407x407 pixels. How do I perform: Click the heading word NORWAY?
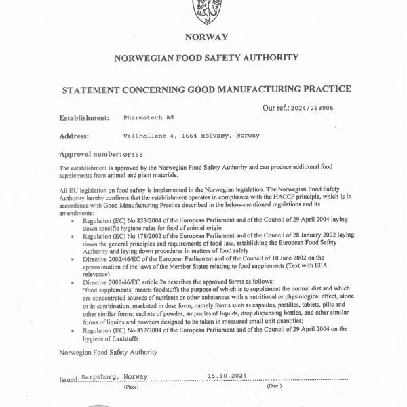pyautogui.click(x=206, y=37)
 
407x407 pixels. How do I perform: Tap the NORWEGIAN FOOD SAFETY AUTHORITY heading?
pyautogui.click(x=206, y=59)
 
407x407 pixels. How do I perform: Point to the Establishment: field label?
pyautogui.click(x=84, y=117)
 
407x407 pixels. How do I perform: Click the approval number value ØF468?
pyautogui.click(x=135, y=154)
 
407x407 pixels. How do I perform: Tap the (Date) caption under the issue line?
pyautogui.click(x=274, y=386)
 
